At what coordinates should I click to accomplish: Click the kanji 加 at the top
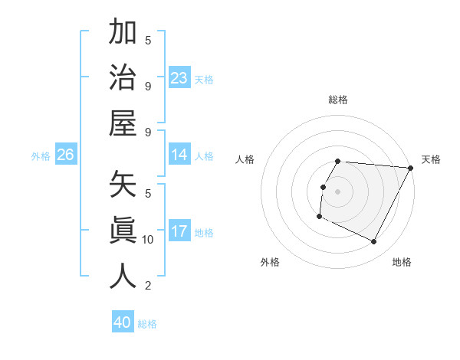point(123,33)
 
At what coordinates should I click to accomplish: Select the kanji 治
point(123,77)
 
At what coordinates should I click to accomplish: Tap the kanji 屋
point(123,123)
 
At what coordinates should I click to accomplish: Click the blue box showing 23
point(179,77)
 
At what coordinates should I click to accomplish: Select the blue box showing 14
point(179,155)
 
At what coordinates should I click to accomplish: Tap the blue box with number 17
point(179,231)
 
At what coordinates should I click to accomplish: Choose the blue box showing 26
point(65,155)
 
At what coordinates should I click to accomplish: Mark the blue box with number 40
point(123,322)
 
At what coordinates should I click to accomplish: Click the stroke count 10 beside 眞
point(148,240)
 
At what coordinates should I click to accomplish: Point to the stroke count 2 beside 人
point(148,286)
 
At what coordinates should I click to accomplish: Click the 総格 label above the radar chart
point(338,100)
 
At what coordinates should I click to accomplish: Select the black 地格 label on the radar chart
point(402,262)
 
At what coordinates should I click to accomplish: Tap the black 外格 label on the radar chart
point(270,262)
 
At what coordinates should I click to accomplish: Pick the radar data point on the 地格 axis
point(374,242)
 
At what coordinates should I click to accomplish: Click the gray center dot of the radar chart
point(337,191)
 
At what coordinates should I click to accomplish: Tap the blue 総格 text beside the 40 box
point(147,324)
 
